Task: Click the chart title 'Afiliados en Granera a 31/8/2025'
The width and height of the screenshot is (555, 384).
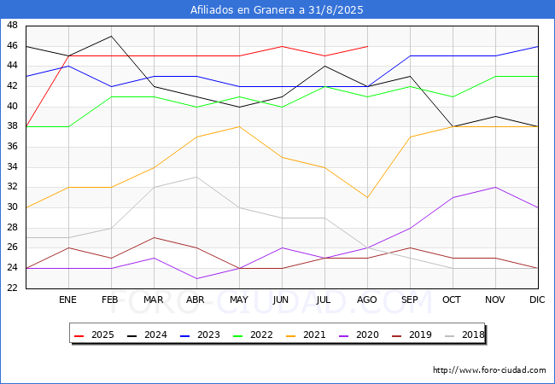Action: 277,10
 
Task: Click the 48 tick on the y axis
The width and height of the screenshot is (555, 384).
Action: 12,26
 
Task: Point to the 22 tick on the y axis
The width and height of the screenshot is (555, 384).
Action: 12,288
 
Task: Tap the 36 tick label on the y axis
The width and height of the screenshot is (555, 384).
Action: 12,147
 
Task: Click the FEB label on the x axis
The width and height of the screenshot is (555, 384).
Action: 111,300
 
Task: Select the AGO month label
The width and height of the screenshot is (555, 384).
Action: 367,300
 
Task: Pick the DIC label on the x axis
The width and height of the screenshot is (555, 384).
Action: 537,300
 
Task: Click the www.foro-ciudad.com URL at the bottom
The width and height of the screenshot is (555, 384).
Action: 489,370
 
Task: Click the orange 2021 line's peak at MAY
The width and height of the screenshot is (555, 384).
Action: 240,126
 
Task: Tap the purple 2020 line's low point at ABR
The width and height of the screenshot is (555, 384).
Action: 197,278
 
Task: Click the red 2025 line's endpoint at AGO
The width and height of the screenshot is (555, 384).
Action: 367,46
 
